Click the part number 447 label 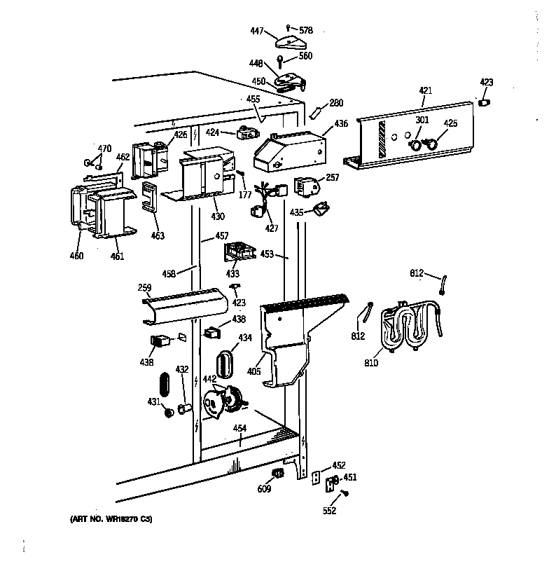pos(258,31)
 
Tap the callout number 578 pos(305,31)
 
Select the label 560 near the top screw pos(305,56)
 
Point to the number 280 pos(336,104)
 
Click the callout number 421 pos(425,91)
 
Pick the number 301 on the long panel pos(422,119)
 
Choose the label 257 pos(332,178)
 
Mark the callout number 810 pos(370,363)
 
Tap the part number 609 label pos(263,488)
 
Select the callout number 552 pos(329,511)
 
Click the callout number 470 pos(104,149)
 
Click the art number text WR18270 pos(120,519)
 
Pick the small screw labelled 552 pos(345,494)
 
